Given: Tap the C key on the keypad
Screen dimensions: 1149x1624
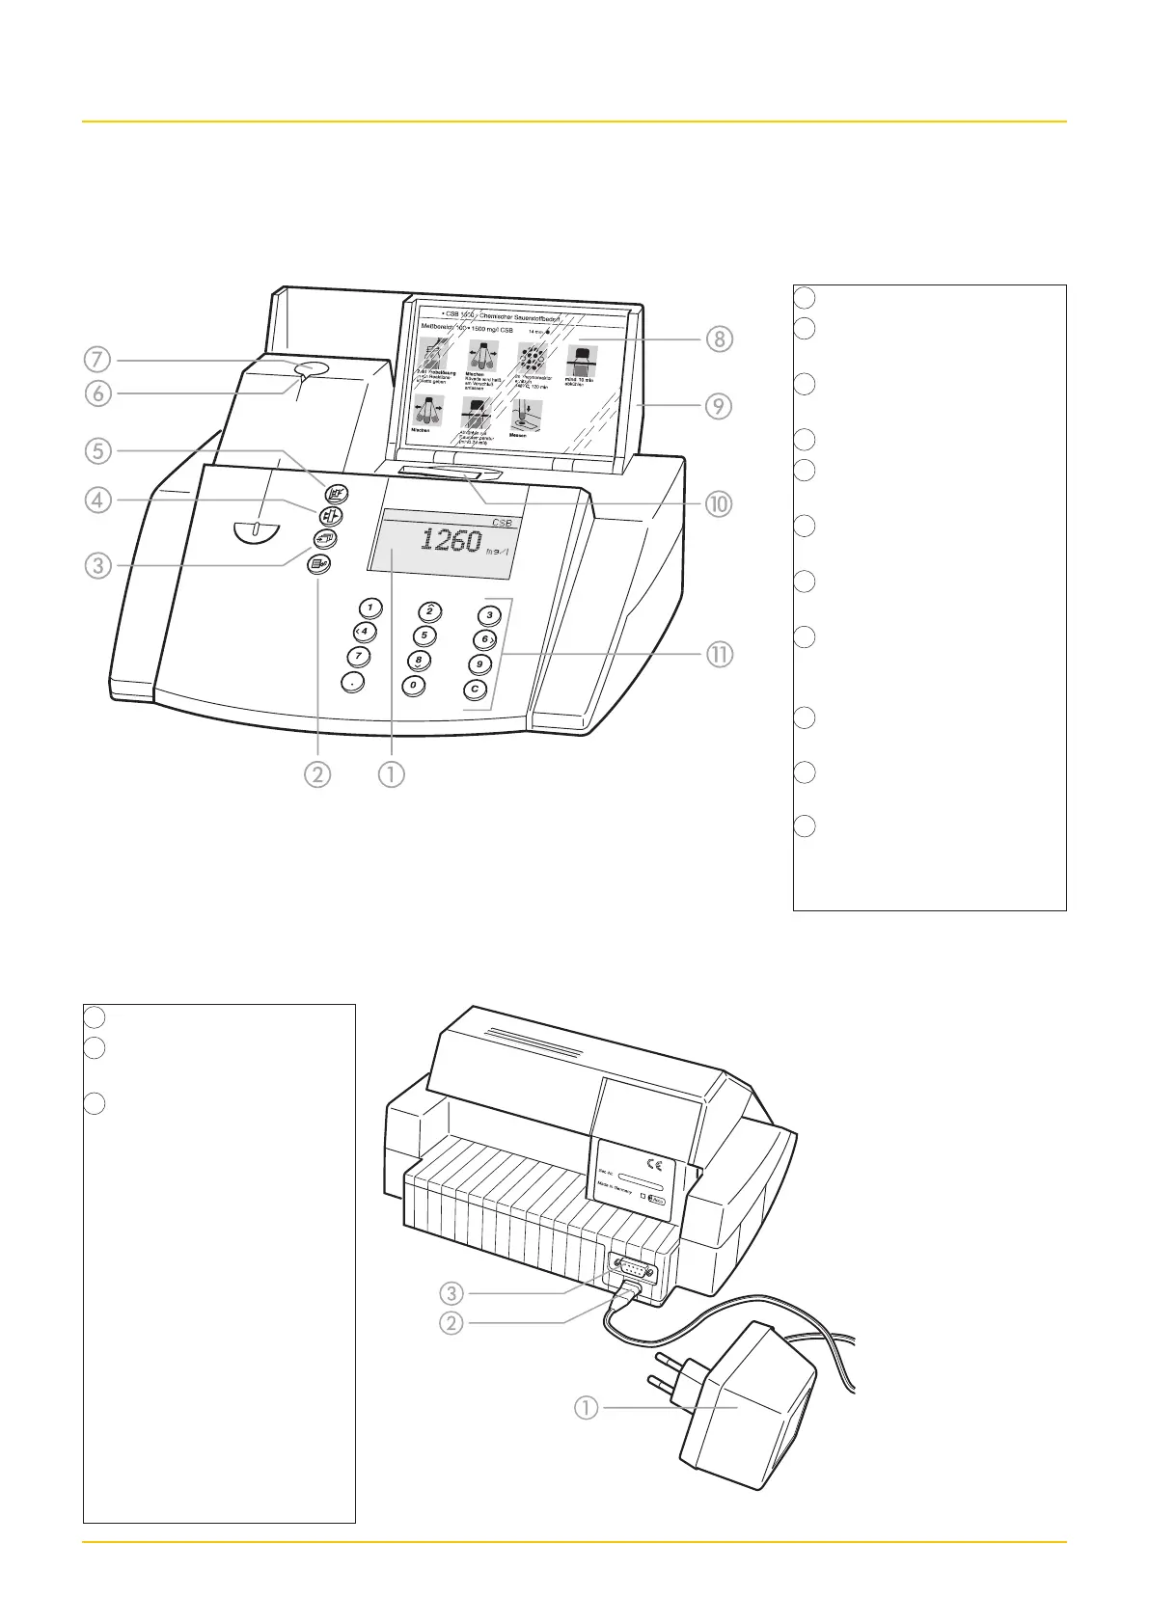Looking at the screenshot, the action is coord(475,689).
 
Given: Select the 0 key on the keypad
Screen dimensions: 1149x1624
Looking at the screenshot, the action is coord(414,685).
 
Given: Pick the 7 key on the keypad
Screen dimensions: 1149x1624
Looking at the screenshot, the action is coord(359,656).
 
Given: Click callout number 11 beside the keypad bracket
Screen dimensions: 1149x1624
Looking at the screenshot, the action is coord(719,654).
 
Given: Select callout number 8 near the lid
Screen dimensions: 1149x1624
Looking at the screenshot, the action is coord(719,338).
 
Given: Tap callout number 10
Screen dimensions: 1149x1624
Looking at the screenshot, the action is coord(719,502).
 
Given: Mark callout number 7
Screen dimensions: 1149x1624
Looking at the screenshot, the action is coord(97,360).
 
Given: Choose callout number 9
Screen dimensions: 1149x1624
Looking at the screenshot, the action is coord(719,405).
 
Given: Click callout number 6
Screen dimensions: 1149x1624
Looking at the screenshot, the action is coord(97,392).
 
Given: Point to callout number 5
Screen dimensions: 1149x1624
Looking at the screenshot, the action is coord(97,450).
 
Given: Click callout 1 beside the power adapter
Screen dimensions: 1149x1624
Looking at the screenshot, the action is coord(586,1408).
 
